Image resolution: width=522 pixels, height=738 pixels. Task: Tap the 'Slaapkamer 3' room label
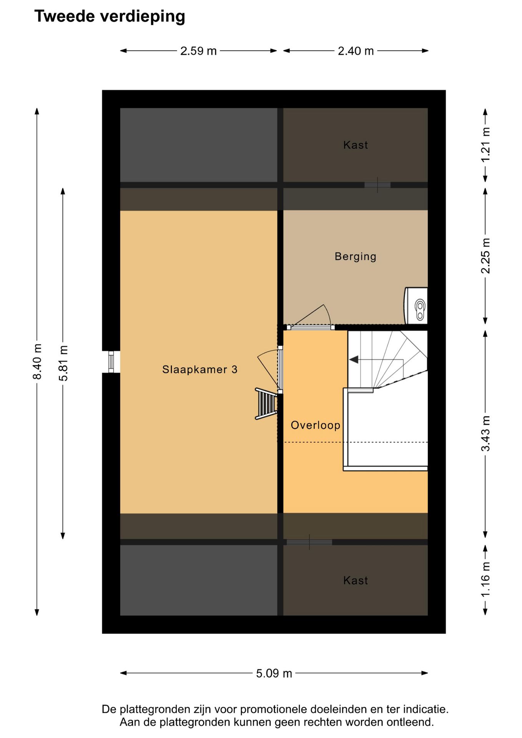pos(200,369)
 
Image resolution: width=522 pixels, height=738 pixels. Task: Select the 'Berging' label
pos(356,256)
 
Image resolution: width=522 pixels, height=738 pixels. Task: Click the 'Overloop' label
pos(316,425)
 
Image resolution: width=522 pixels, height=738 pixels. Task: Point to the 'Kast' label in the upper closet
pos(356,145)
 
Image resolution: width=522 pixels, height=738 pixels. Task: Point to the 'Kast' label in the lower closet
pos(356,580)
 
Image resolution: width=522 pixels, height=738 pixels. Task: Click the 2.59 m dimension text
pos(198,51)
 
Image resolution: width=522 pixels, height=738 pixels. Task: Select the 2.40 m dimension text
pos(356,51)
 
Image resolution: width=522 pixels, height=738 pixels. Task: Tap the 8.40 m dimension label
pos(37,362)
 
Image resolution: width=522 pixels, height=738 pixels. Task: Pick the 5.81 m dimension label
pos(63,363)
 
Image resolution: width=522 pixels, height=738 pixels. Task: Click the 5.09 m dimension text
pos(274,673)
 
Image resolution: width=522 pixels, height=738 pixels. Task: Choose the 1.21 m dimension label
pos(485,145)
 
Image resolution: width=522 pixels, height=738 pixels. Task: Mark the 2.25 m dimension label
pos(485,256)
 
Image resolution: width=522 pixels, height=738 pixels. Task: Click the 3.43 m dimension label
pos(485,434)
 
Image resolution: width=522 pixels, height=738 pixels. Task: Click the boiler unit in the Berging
pos(416,306)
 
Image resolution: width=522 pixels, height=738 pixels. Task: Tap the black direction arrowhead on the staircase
pos(354,360)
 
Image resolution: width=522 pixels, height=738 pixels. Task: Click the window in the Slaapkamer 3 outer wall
pos(111,362)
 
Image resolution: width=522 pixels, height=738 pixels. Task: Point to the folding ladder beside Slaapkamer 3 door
pos(266,404)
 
